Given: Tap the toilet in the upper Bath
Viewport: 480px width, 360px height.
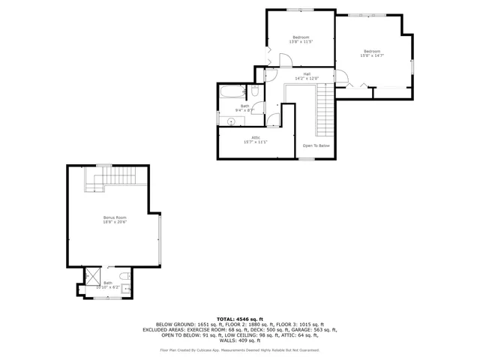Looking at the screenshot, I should point(255,91).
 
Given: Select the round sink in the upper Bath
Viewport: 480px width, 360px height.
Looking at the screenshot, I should point(231,120).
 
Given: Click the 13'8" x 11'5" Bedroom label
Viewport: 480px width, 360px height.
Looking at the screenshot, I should point(301,40).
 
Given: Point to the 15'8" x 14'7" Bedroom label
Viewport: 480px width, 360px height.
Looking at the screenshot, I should point(372,53).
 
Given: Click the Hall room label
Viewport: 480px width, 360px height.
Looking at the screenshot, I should point(307,76).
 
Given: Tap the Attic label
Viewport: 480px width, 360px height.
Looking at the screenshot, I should point(255,139).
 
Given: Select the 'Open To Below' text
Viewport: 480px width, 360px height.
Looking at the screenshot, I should point(316,145).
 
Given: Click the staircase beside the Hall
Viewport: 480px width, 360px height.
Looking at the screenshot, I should point(325,109).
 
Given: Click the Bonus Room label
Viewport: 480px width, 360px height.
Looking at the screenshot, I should point(115,220).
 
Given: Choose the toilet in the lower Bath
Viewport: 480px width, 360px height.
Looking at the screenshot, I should point(126,287).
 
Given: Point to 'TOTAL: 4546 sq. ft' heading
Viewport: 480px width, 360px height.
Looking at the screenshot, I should point(240,319).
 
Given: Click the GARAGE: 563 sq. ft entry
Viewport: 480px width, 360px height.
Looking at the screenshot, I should point(315,329).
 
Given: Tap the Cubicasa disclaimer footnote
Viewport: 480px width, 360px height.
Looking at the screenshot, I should point(240,349).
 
